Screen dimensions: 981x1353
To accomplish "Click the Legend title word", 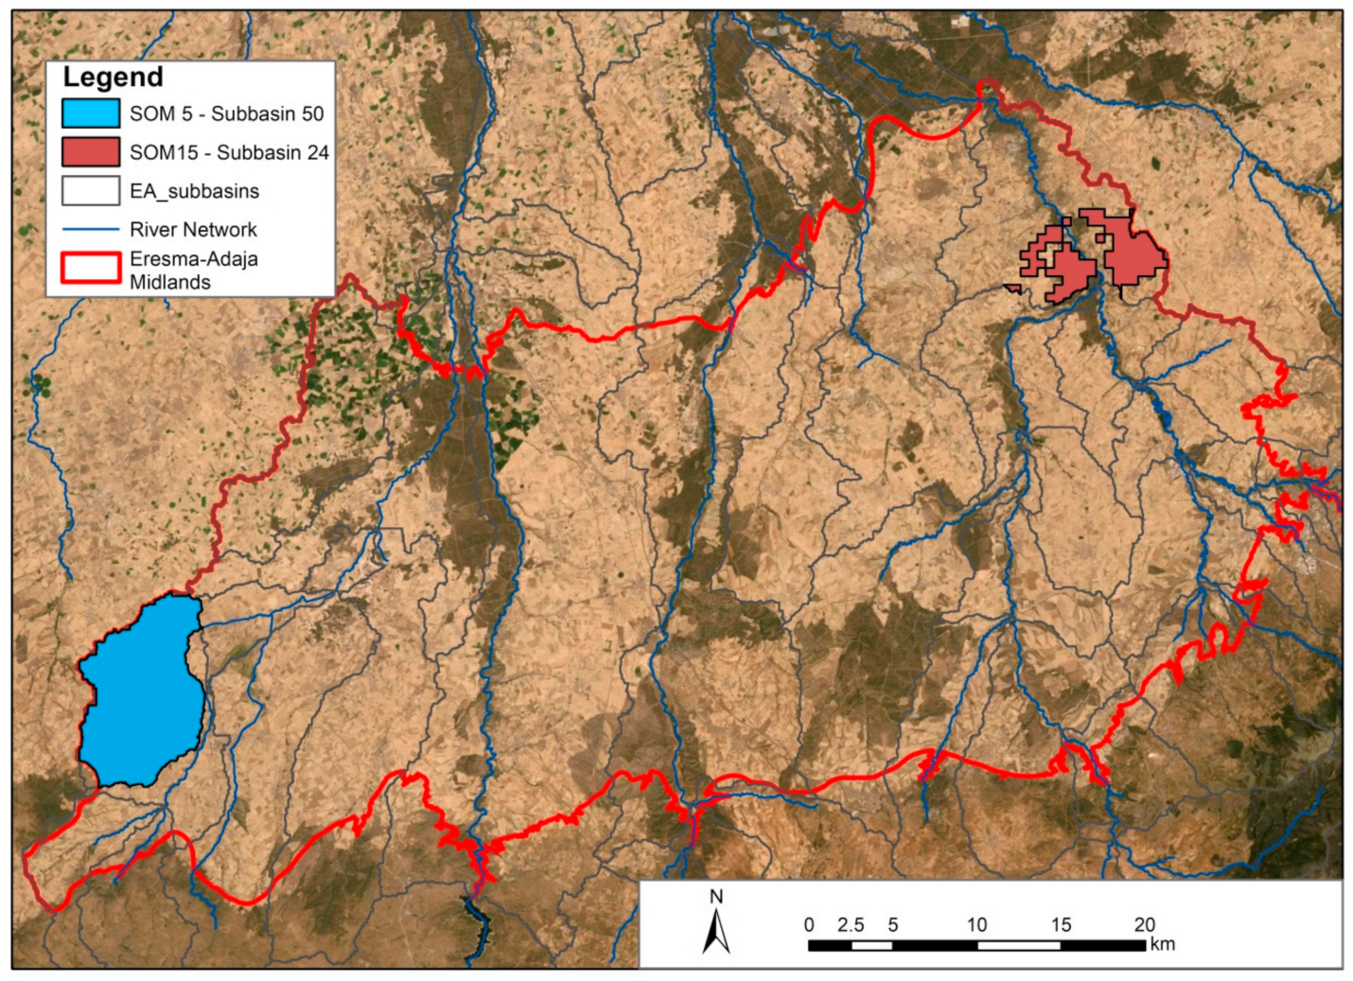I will pyautogui.click(x=113, y=78).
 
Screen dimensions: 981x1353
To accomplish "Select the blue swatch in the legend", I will pyautogui.click(x=91, y=114).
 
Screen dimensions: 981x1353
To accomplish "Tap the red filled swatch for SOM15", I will pyautogui.click(x=91, y=152).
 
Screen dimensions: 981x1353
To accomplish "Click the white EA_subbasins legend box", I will pyautogui.click(x=91, y=191).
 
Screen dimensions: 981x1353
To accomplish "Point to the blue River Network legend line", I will pyautogui.click(x=91, y=230).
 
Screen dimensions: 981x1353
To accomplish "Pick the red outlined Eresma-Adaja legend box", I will pyautogui.click(x=91, y=269).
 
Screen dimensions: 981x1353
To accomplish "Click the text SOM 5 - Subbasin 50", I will pyautogui.click(x=226, y=114).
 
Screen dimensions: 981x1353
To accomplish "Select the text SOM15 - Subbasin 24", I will pyautogui.click(x=229, y=152).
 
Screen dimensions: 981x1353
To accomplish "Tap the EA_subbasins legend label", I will pyautogui.click(x=194, y=191).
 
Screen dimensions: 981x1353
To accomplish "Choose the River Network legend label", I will pyautogui.click(x=193, y=230).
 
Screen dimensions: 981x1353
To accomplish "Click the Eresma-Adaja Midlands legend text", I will pyautogui.click(x=193, y=271).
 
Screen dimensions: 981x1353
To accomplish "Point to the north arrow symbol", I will pyautogui.click(x=716, y=932).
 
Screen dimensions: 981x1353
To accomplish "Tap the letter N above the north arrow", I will pyautogui.click(x=716, y=897).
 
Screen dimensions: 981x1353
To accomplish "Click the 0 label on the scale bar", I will pyautogui.click(x=809, y=925).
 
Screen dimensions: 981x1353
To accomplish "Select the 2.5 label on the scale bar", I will pyautogui.click(x=850, y=925).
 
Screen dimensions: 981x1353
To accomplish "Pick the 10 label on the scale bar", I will pyautogui.click(x=976, y=925).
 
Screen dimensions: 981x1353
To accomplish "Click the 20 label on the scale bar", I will pyautogui.click(x=1144, y=925).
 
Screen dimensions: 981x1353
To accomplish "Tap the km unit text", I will pyautogui.click(x=1163, y=944).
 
